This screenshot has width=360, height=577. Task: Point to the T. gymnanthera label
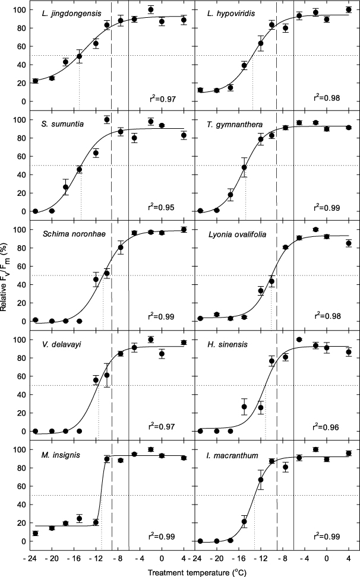pos(228,124)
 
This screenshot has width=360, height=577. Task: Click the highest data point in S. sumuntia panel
pos(107,119)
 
